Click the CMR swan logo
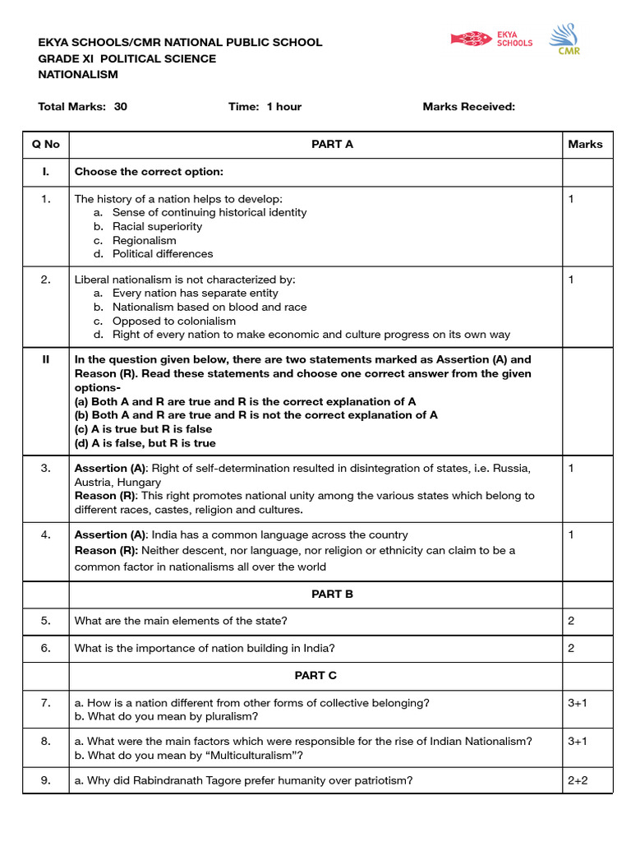click(x=563, y=39)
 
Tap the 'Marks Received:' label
click(x=468, y=107)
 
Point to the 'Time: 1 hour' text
click(x=265, y=107)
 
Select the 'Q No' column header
click(x=46, y=145)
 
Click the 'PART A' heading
click(x=332, y=145)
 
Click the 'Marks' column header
click(x=585, y=145)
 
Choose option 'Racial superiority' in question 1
click(x=157, y=226)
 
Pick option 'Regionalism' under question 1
click(x=144, y=240)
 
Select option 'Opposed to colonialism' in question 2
click(x=173, y=321)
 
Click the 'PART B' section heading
click(x=332, y=594)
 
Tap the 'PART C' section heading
click(x=315, y=675)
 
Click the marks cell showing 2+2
click(x=578, y=780)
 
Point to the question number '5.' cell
click(x=46, y=621)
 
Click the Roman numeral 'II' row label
click(x=46, y=359)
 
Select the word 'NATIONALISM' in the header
click(x=78, y=75)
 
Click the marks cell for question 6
click(x=571, y=648)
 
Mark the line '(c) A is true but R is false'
click(x=143, y=429)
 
